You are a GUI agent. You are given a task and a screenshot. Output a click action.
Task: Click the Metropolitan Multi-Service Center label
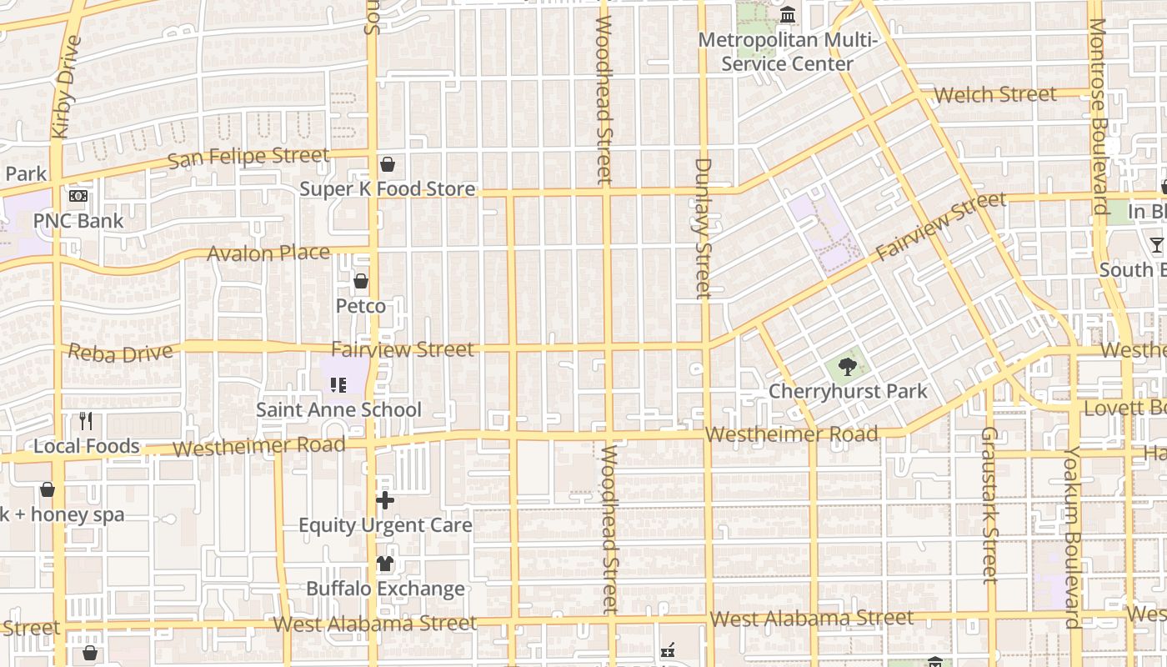tap(788, 52)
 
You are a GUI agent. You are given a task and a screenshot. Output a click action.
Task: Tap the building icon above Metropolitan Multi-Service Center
tap(788, 15)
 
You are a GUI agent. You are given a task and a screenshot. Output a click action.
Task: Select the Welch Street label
tap(995, 94)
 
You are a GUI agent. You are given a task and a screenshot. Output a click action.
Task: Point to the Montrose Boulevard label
tap(1100, 117)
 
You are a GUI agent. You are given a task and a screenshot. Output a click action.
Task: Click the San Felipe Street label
tap(248, 157)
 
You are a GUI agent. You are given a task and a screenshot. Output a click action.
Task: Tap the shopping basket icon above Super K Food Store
tap(387, 164)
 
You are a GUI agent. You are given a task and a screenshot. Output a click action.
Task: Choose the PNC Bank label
tap(78, 221)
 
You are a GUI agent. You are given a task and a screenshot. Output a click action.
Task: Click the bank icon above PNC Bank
tap(78, 197)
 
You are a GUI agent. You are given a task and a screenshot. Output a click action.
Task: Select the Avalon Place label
tap(268, 253)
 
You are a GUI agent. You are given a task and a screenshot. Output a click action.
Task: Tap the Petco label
tap(361, 306)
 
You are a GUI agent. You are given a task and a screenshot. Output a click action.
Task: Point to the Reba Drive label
tap(121, 353)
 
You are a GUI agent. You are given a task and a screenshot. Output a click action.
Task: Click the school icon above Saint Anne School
tap(338, 384)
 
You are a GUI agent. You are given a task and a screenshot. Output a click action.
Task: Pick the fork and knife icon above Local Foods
tap(86, 421)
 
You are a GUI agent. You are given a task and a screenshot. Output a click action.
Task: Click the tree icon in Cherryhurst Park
tap(847, 366)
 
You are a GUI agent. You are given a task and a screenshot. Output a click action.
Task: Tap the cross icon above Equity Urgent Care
tap(385, 500)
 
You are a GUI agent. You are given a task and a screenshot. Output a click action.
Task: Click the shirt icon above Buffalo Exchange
tap(384, 564)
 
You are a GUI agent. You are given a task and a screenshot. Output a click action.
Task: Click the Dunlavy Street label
tap(704, 228)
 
